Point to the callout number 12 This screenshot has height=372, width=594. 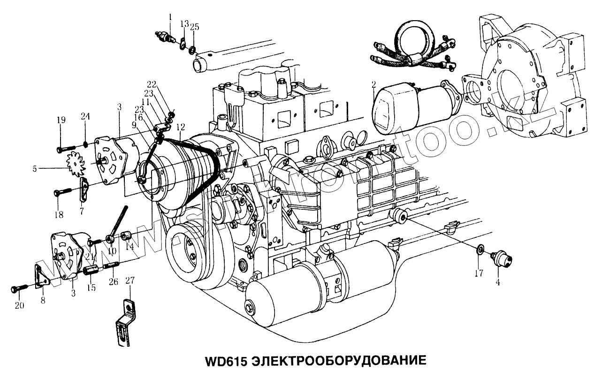[x=181, y=126]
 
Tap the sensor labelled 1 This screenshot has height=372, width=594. [x=165, y=36]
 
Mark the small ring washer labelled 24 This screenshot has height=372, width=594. [x=85, y=143]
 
